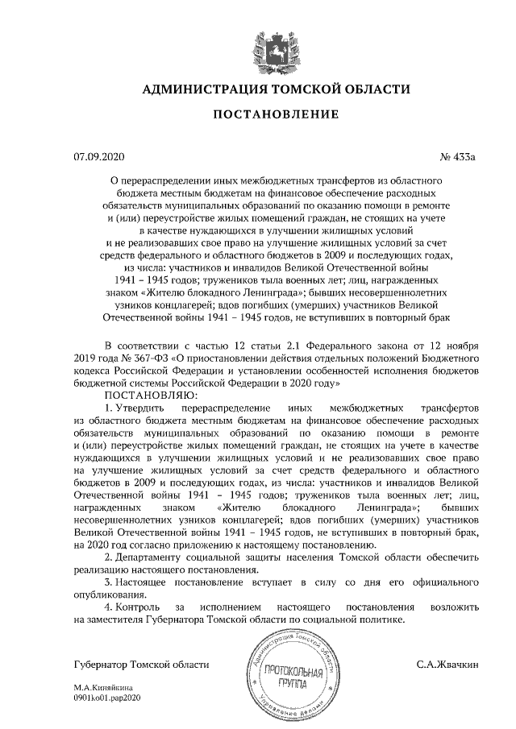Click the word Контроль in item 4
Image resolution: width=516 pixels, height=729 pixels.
click(x=138, y=606)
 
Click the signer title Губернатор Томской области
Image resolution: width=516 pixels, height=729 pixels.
click(x=140, y=665)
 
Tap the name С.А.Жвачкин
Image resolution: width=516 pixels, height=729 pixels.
click(x=447, y=665)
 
